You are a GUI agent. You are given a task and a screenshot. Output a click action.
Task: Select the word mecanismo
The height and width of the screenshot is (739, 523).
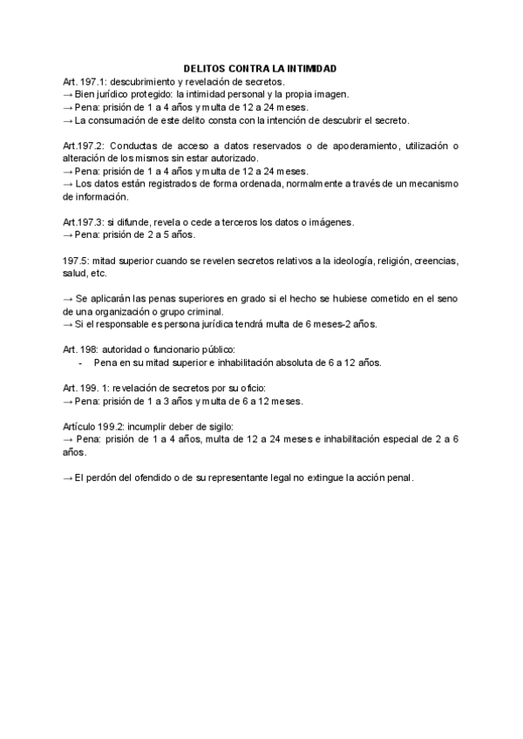click(x=425, y=184)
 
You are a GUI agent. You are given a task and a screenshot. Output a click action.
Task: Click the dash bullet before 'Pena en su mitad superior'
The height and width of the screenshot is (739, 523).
click(x=81, y=363)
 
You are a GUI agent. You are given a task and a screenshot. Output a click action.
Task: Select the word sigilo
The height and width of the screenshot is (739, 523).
click(x=216, y=426)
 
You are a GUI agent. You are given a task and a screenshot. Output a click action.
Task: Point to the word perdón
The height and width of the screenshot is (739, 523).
click(x=105, y=478)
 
